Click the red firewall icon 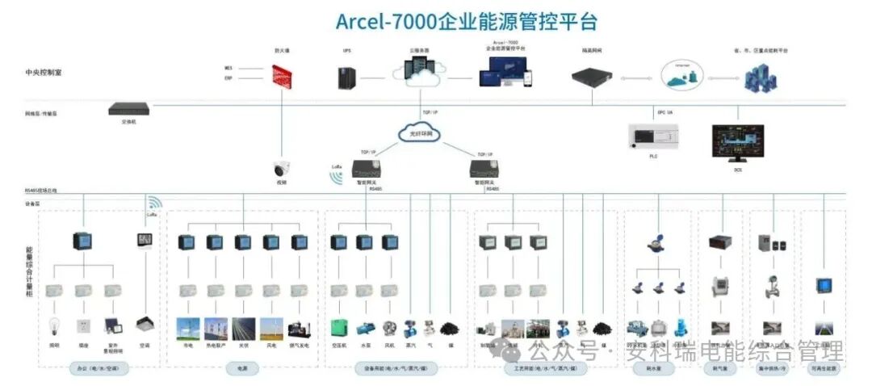281,77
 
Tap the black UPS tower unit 347,78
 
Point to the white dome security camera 282,170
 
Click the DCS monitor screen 738,142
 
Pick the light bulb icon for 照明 54,326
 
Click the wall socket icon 82,326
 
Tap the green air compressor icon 338,328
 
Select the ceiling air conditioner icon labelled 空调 145,325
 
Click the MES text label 228,68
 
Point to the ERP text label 228,78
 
